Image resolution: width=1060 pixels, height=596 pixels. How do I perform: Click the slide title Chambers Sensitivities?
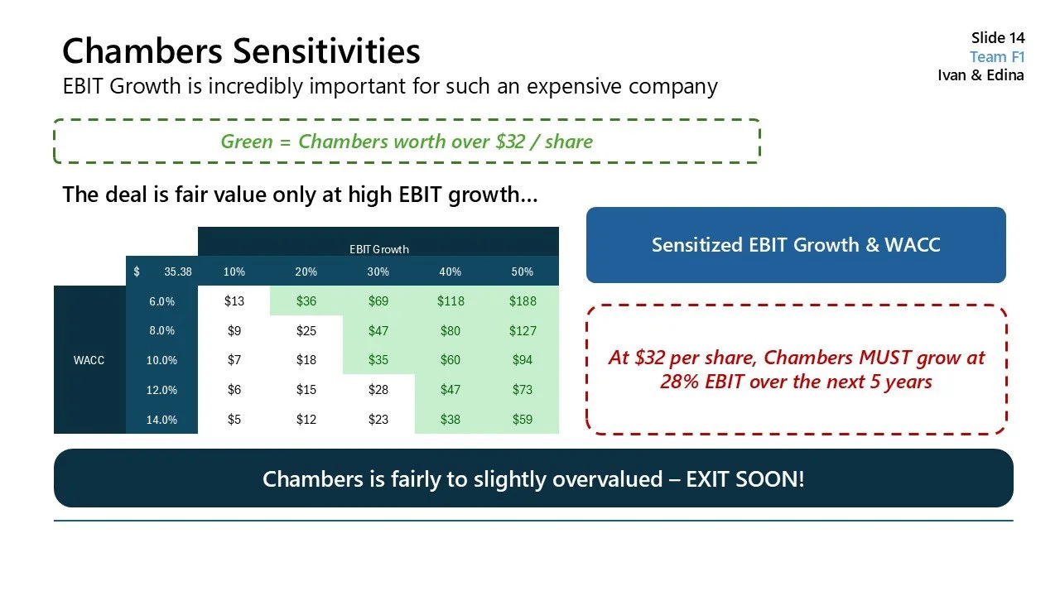[x=241, y=50]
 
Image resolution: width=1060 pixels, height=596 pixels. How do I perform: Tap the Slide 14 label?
[x=997, y=38]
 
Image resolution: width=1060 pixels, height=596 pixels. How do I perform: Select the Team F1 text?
[x=997, y=57]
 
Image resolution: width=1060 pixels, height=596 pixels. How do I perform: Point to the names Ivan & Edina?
[x=980, y=75]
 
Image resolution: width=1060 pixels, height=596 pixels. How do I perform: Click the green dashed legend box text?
[x=407, y=142]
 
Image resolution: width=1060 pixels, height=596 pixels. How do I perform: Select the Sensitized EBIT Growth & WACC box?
[x=795, y=245]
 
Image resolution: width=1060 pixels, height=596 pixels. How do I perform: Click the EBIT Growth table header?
[x=378, y=249]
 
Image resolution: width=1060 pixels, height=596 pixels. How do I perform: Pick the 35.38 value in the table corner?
[x=177, y=272]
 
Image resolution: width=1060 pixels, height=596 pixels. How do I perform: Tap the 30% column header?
[x=378, y=272]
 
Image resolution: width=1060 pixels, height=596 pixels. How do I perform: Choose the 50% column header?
[x=523, y=272]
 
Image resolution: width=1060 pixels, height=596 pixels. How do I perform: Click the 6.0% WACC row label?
[x=161, y=301]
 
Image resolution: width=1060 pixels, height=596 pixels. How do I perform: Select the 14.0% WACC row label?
[x=161, y=420]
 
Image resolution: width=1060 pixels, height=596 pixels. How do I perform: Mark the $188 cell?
[x=523, y=301]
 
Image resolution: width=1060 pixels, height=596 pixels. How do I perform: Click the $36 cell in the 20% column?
[x=306, y=301]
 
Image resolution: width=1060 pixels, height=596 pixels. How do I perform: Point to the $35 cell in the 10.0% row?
[x=378, y=360]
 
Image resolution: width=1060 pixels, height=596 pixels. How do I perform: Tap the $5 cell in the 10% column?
[x=234, y=420]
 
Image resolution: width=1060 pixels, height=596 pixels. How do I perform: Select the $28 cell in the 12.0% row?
[x=378, y=390]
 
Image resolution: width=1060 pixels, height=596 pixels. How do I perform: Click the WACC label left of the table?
[x=89, y=360]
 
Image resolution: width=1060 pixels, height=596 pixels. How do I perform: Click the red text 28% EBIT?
[x=696, y=382]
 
